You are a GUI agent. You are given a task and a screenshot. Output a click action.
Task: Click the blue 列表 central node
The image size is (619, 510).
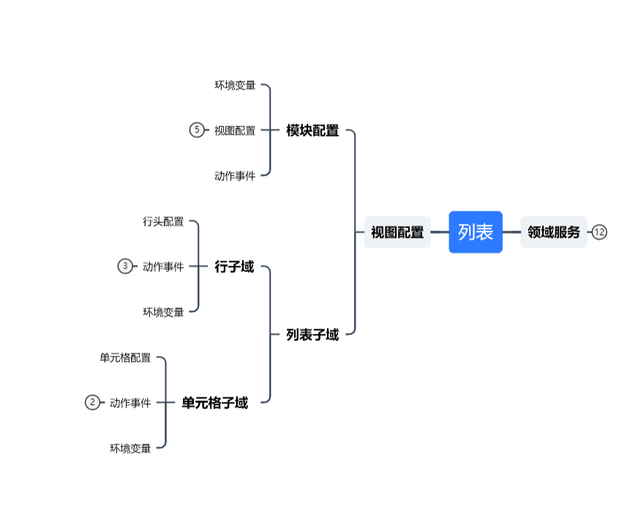[x=476, y=233]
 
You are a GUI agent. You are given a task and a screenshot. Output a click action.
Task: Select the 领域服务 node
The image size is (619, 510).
[x=554, y=233]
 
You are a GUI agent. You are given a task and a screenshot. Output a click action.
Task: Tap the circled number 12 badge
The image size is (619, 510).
[x=600, y=233]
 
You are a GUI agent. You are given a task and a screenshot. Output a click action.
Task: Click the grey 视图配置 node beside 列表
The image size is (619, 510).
[x=397, y=233]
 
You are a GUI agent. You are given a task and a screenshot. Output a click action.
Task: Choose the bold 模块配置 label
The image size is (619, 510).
[x=312, y=131]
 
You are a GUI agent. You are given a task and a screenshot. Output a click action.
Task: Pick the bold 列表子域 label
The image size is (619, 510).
[x=312, y=335]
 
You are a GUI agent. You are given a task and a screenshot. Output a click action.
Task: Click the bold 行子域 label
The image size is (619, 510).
[x=234, y=267]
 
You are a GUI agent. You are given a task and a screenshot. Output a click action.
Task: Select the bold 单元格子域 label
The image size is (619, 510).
[x=214, y=403]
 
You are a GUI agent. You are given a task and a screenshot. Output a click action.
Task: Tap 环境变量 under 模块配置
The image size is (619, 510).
[x=235, y=86]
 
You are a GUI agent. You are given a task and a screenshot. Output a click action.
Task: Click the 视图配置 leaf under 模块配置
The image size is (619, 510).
[x=235, y=131]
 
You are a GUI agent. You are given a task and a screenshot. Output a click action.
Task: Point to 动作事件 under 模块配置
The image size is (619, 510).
[x=235, y=176]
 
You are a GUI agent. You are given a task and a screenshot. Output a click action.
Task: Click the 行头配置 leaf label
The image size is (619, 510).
[x=163, y=222]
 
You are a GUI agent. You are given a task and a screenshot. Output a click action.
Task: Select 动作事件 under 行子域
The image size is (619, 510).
[x=163, y=267]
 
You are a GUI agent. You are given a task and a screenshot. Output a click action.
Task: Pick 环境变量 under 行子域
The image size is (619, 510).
[x=163, y=312]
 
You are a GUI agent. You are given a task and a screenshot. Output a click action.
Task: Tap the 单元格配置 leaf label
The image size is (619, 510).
[x=125, y=358]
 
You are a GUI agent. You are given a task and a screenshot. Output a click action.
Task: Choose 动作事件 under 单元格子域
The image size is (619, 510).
[x=130, y=403]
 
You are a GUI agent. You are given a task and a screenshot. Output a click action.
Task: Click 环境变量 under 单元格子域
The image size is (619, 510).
[x=130, y=449]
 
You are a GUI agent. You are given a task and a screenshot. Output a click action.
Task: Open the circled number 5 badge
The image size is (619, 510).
[x=196, y=130]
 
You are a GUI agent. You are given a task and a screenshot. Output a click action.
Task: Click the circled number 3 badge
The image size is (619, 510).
[x=125, y=266]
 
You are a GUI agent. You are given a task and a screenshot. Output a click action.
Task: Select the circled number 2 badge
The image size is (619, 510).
[x=92, y=402]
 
